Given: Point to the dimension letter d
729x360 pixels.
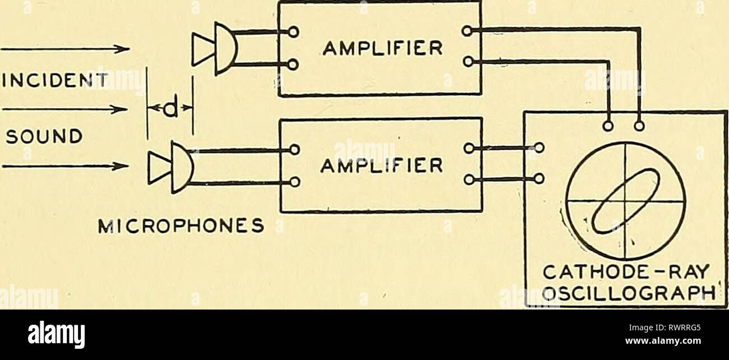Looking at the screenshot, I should point(170,108).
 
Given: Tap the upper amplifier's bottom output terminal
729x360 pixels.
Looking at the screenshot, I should point(467,61).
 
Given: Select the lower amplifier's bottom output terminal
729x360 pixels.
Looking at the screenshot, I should point(467,180).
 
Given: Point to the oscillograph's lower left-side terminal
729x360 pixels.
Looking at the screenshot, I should point(539,179).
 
